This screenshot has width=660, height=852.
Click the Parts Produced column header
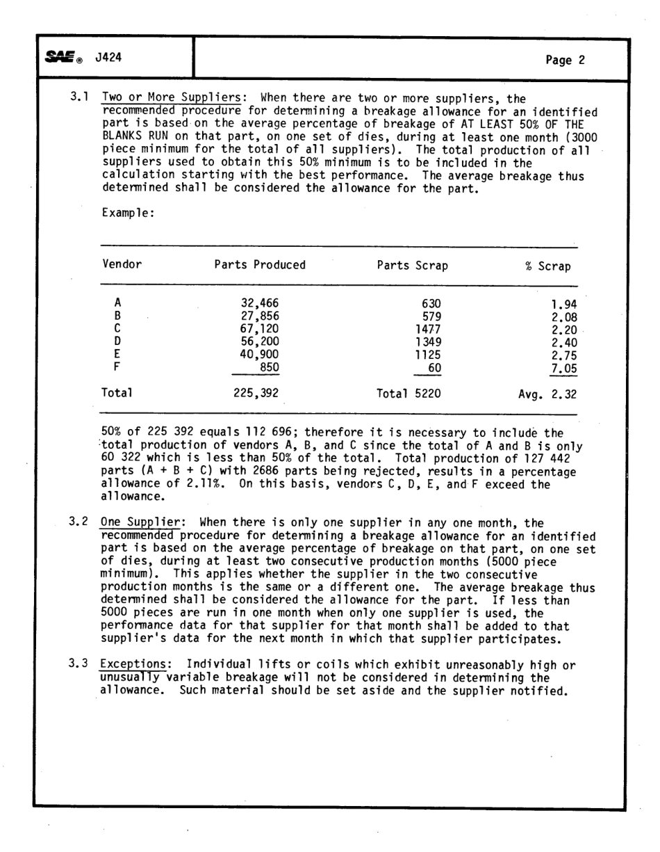(x=260, y=265)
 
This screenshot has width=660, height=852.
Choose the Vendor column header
(x=122, y=265)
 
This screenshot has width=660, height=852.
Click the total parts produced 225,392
(x=256, y=394)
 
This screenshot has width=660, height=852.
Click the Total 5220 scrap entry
(x=409, y=394)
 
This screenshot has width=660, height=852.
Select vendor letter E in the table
(x=118, y=353)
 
